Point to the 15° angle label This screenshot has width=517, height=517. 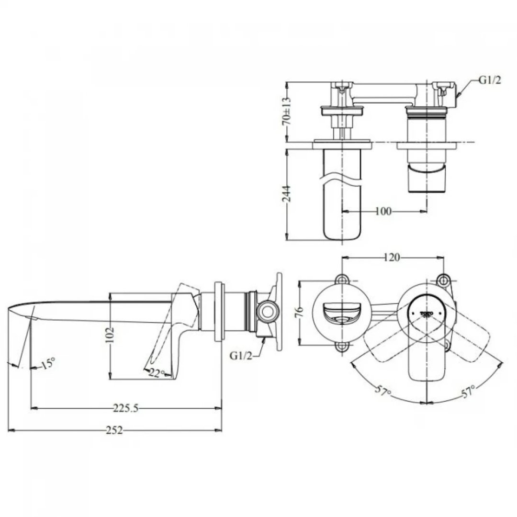pos(48,364)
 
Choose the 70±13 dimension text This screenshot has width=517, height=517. pos(286,112)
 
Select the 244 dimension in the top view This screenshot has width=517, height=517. pos(286,194)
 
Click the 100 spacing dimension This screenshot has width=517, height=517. pos(383,211)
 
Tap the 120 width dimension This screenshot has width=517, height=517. pos(392,258)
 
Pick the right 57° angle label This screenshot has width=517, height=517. pos(469,392)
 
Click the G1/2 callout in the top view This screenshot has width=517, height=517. pos(490,80)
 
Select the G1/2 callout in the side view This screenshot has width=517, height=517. pos(241,356)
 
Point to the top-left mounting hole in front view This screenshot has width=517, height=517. pos(342,279)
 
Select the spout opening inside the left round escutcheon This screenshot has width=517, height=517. pos(340,314)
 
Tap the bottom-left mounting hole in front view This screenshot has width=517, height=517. pos(342,347)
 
